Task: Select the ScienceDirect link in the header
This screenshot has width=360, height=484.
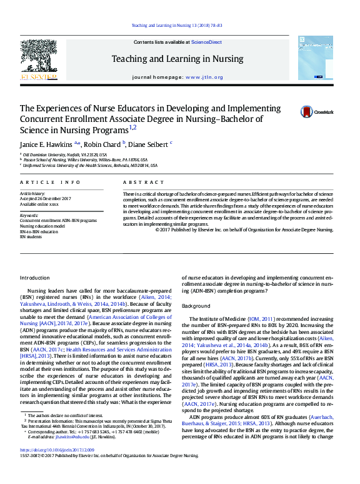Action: (x=206, y=41)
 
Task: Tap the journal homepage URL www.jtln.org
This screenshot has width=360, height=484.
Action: (x=204, y=77)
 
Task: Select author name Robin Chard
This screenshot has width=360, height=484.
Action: (x=102, y=143)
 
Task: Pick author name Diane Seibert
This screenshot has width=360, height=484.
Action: (x=148, y=143)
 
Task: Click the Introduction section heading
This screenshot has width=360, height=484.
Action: (x=34, y=277)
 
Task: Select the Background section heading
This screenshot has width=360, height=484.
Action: (x=196, y=306)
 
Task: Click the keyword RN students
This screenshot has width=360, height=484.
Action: (x=32, y=237)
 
